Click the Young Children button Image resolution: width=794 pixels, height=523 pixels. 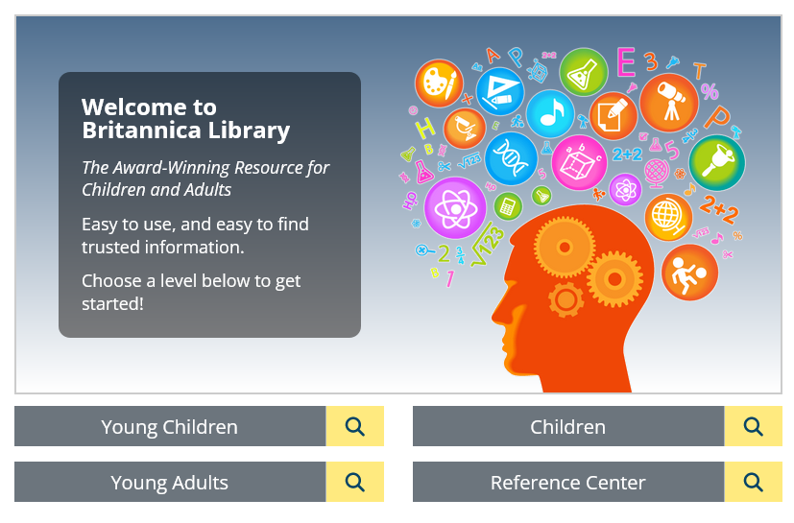pyautogui.click(x=170, y=426)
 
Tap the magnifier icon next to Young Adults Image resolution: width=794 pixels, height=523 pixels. pyautogui.click(x=354, y=482)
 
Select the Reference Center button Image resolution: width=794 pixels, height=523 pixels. pyautogui.click(x=568, y=482)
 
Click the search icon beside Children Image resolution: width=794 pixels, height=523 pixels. pyautogui.click(x=753, y=426)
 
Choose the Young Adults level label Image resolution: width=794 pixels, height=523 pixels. pyautogui.click(x=170, y=483)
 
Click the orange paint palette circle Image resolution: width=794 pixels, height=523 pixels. pyautogui.click(x=439, y=83)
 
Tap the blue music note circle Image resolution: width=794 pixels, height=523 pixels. pyautogui.click(x=550, y=114)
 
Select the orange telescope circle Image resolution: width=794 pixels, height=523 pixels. pyautogui.click(x=669, y=103)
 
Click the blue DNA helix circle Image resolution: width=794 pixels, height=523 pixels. pyautogui.click(x=511, y=158)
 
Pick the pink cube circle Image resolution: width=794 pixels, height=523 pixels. pyautogui.click(x=579, y=162)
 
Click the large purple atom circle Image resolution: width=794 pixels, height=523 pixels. pyautogui.click(x=455, y=207)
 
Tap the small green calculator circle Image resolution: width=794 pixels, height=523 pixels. pyautogui.click(x=507, y=206)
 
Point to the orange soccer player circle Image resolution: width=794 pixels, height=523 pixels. pyautogui.click(x=689, y=273)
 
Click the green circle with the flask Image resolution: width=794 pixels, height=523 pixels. pyautogui.click(x=584, y=72)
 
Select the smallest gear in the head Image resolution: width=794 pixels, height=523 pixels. pyautogui.click(x=565, y=299)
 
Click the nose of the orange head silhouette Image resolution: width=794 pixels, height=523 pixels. pyautogui.click(x=495, y=317)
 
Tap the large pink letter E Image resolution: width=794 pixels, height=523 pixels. pyautogui.click(x=626, y=61)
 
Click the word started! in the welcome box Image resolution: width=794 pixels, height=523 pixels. pyautogui.click(x=112, y=304)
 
